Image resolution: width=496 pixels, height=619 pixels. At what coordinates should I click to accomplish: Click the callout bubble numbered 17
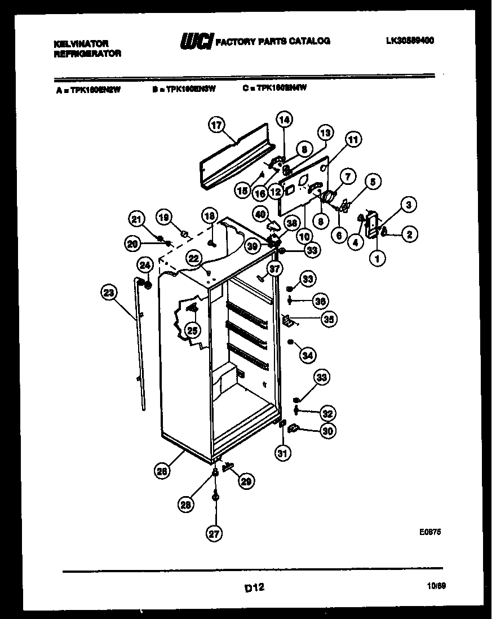click(215, 126)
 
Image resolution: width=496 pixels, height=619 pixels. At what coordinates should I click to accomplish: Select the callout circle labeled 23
click(109, 293)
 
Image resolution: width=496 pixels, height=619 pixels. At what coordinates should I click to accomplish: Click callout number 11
click(353, 139)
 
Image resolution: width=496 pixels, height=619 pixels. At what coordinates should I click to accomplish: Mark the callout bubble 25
click(193, 331)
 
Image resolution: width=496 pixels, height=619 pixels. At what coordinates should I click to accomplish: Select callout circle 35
click(328, 319)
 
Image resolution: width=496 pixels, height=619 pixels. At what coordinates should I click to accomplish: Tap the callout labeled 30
click(328, 430)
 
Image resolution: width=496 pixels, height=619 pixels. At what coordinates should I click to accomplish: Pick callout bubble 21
click(135, 219)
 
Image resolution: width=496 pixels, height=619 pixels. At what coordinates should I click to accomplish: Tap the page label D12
click(254, 587)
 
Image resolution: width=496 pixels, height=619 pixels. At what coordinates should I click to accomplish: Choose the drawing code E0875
click(429, 531)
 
